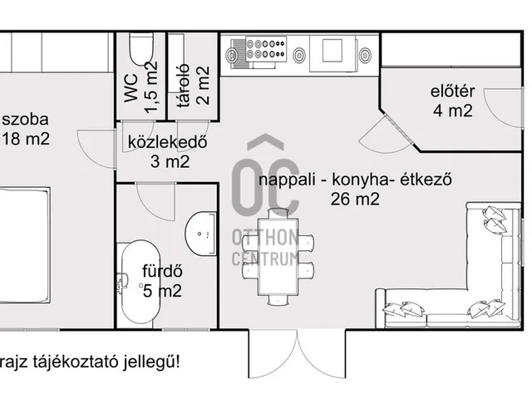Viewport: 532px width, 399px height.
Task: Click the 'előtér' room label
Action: (452, 92)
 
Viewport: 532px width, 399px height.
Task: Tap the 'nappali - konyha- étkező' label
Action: (354, 180)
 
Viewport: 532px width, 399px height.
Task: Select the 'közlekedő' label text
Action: (167, 141)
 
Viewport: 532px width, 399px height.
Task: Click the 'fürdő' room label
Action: (162, 272)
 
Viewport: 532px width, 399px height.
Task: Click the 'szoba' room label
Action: (25, 118)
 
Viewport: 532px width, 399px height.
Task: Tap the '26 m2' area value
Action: (355, 199)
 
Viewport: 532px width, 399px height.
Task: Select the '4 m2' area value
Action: (452, 111)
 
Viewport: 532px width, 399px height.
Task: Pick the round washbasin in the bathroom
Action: (200, 233)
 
